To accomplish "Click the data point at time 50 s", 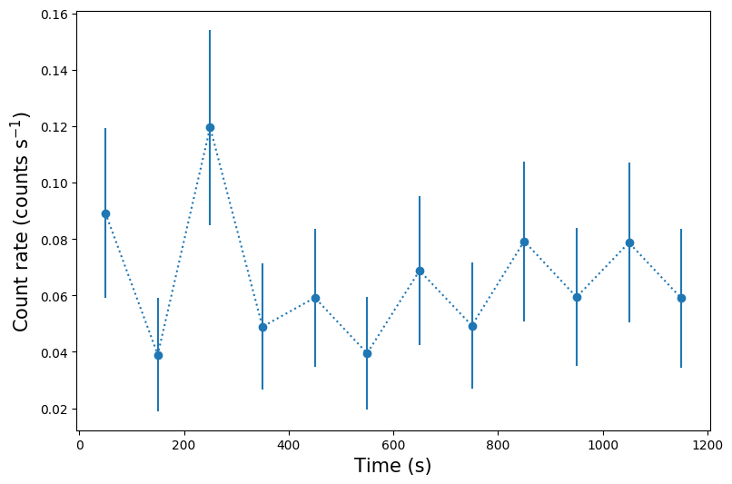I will coord(105,213).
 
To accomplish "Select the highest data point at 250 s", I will coord(210,127).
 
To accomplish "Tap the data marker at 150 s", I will coord(158,355).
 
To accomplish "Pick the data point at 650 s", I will coord(420,271).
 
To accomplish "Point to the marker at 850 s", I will coord(524,242).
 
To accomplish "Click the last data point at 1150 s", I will coord(681,298).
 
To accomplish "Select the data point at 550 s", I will coord(367,353).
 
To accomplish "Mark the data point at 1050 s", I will coord(629,242).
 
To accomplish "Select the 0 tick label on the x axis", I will coord(80,446).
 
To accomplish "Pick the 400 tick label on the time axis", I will coord(289,446).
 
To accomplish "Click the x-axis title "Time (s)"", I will coord(392,466).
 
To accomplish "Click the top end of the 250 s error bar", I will coord(210,30).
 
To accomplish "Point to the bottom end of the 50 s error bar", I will coord(105,298).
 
